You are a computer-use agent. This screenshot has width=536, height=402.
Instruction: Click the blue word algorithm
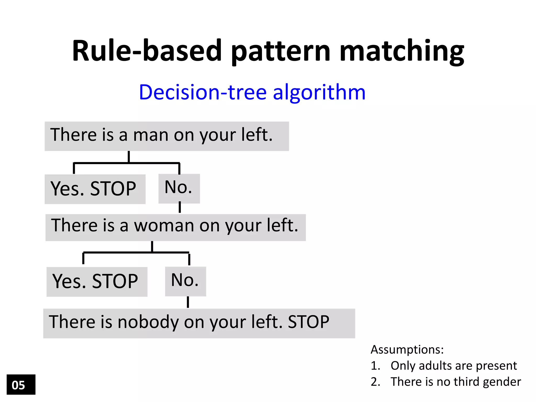tap(319, 92)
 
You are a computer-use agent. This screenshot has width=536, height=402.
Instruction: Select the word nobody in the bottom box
tap(148, 322)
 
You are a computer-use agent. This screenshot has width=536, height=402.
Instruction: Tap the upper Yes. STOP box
tap(95, 189)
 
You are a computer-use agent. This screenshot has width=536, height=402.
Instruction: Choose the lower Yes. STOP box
tap(97, 282)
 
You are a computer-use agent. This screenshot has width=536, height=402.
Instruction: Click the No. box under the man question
tap(179, 188)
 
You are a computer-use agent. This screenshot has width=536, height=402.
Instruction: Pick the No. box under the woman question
tap(185, 281)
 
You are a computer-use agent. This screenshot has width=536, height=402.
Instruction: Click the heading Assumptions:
tap(407, 350)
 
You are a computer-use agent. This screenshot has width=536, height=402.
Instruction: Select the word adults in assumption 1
tap(433, 366)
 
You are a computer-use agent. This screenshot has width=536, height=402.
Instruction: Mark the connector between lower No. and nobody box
tap(188, 302)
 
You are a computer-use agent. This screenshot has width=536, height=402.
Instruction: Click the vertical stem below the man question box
tap(129, 157)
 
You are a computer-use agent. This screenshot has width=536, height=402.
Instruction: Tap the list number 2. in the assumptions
tap(375, 382)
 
